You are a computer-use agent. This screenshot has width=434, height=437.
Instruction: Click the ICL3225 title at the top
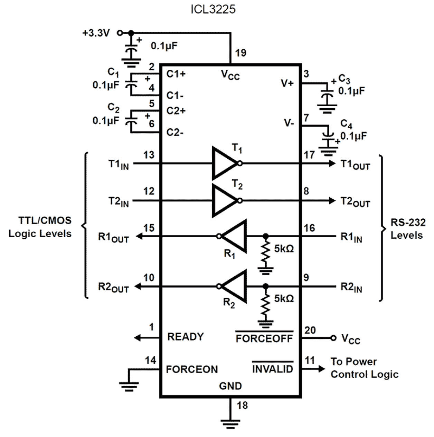213,9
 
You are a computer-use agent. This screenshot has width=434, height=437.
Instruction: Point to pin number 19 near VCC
241,53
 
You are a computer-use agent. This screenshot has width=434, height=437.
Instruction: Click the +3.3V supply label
96,33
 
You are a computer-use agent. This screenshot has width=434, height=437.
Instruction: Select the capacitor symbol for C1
131,84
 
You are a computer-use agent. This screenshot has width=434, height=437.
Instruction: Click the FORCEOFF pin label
264,338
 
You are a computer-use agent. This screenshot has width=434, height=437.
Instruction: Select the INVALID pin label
273,369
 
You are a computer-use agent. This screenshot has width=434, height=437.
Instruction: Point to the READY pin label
186,337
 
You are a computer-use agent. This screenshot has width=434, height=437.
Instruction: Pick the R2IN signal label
351,287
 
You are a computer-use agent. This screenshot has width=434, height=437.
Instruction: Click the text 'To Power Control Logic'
364,368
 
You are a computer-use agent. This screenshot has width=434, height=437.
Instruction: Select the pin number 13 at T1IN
149,155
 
